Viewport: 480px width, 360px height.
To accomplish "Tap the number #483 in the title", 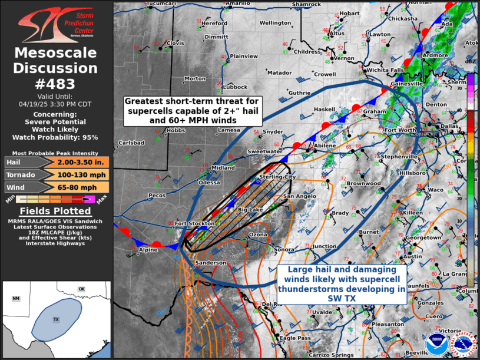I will coord(56,82).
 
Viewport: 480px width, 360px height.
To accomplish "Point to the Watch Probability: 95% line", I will coord(56,137).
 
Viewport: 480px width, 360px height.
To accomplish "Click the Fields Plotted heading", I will coord(56,211).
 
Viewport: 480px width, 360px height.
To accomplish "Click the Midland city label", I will coord(223,167).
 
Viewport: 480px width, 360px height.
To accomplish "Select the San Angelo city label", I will coord(296,196).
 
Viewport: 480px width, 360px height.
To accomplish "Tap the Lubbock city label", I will coord(236,87).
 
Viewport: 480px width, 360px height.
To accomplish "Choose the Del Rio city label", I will coord(270,304).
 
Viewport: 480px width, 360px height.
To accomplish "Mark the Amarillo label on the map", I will coord(238,3).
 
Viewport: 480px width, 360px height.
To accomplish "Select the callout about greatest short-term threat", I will coord(193,110).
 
